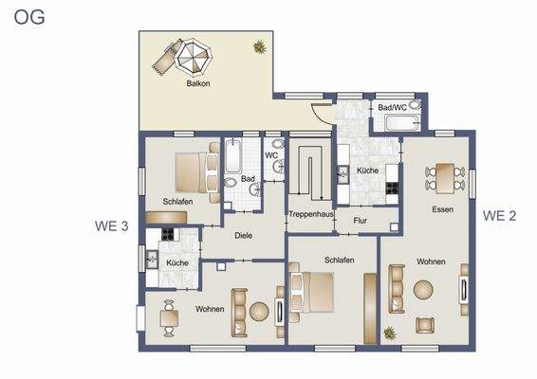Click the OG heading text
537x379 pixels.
[x=29, y=16]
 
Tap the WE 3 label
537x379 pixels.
[x=113, y=226]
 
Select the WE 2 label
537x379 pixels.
[x=499, y=215]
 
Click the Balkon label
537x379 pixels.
[x=198, y=83]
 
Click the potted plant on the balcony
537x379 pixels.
[x=258, y=45]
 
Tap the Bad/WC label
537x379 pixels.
[x=392, y=108]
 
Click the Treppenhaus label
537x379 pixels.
[x=310, y=214]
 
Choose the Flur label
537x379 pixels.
[x=361, y=221]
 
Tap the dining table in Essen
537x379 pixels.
[x=442, y=174]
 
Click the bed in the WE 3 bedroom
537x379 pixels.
[x=195, y=172]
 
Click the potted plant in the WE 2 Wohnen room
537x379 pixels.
[x=390, y=333]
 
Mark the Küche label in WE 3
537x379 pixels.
[x=177, y=262]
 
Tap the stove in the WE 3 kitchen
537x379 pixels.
[x=170, y=235]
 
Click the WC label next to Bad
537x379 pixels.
[x=271, y=154]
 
